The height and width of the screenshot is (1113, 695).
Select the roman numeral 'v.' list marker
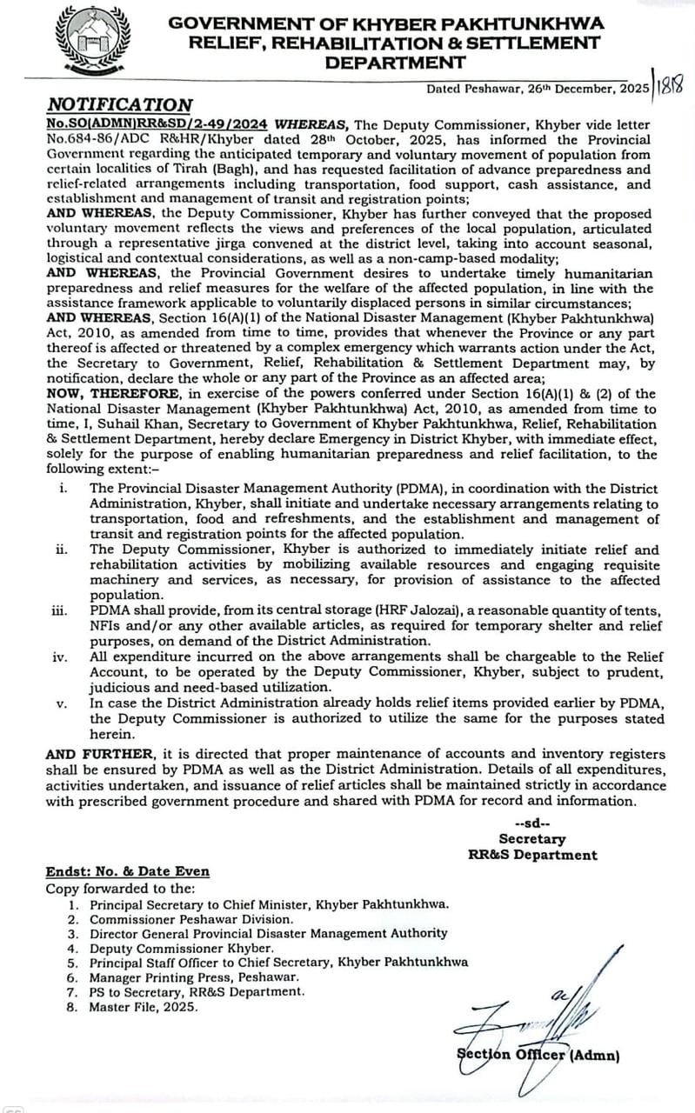(62, 703)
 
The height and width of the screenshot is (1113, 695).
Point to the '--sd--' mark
(531, 823)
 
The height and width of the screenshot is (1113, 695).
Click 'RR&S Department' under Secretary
(532, 855)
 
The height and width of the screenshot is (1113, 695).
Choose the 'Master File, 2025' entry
(144, 1007)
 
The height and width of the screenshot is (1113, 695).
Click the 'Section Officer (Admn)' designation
(538, 1056)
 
